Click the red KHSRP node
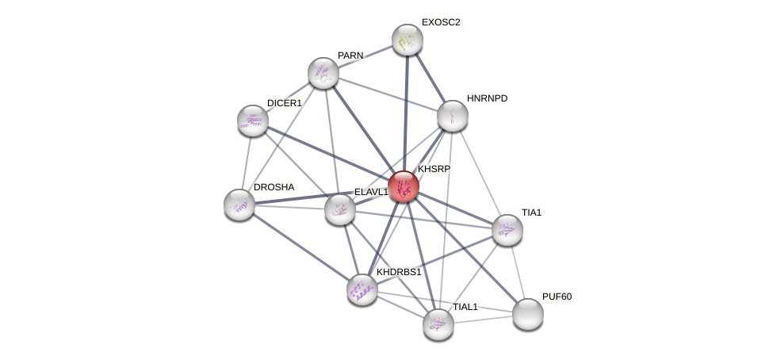coord(403,186)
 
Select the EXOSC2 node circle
coord(408,40)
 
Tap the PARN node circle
coord(323,73)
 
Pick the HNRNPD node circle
coord(452,116)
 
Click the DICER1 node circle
coord(252,121)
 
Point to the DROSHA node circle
coord(239,205)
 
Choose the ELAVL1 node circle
coord(340,209)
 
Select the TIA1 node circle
coord(507,230)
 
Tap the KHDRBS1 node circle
coord(362,289)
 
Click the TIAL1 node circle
coord(438,324)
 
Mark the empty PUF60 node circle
coord(527,314)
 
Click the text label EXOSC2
coord(440,22)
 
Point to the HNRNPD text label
coord(487,98)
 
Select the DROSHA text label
coord(274,187)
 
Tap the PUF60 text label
coord(557,297)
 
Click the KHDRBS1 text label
coord(399,272)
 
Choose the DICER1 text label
coord(284,103)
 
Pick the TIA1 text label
coord(531,213)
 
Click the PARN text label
coord(350,56)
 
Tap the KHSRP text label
coord(434,169)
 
